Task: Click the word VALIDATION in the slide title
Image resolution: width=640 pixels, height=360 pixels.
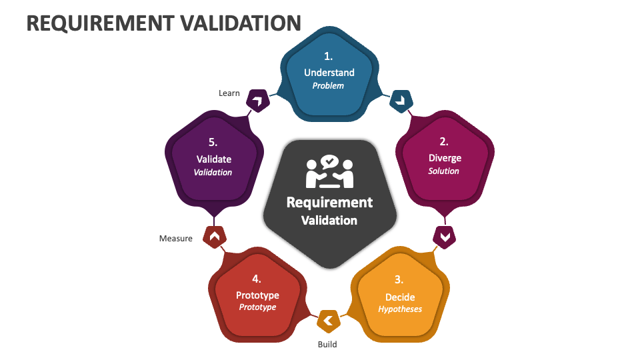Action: [241, 23]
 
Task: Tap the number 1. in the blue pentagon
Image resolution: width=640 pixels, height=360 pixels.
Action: [329, 56]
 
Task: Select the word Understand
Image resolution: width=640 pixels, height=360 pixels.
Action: [329, 72]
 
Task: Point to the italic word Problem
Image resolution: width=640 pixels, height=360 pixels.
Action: [329, 85]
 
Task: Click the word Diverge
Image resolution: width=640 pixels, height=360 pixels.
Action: [444, 158]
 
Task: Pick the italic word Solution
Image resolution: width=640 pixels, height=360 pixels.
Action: [444, 171]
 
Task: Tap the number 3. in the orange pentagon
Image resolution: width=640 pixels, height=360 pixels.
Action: [399, 279]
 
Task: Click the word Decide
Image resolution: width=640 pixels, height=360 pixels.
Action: [400, 297]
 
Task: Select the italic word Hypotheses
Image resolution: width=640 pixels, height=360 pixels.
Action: [400, 309]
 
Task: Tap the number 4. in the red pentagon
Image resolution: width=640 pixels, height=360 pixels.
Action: [257, 279]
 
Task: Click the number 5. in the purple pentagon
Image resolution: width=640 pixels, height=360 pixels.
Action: [213, 142]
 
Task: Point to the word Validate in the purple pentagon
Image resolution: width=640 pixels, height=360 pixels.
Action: [213, 159]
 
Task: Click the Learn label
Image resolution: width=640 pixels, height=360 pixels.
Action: [229, 93]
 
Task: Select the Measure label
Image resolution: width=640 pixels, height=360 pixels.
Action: [176, 238]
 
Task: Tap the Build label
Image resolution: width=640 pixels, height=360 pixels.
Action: [327, 344]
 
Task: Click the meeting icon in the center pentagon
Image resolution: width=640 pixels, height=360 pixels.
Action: [329, 173]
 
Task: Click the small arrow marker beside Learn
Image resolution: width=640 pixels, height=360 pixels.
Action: [257, 101]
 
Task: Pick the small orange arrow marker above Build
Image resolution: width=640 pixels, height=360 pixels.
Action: [328, 321]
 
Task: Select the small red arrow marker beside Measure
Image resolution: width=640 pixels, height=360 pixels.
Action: [214, 237]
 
